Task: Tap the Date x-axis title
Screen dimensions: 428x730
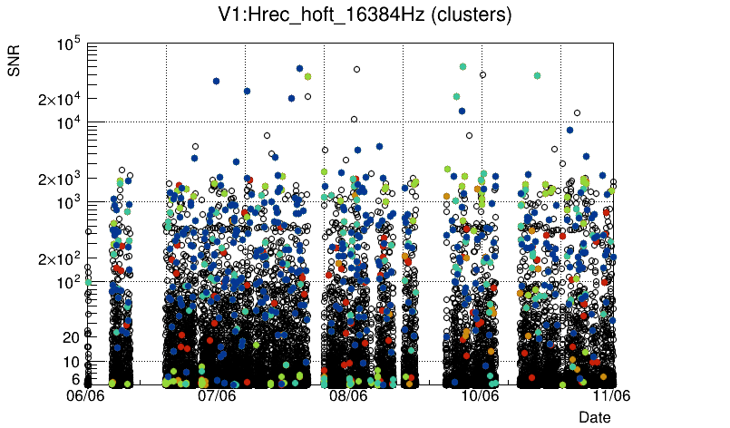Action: pos(595,417)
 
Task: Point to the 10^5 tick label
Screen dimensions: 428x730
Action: pos(70,44)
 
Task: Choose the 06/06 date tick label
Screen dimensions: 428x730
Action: pos(87,395)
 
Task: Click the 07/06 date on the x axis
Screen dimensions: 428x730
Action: pos(218,395)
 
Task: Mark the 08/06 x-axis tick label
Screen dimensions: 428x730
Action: pos(348,395)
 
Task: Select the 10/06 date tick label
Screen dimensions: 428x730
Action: pos(480,395)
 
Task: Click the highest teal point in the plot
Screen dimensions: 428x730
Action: pos(462,66)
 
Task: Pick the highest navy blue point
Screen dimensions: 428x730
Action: pos(299,68)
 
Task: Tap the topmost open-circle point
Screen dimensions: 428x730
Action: pos(356,69)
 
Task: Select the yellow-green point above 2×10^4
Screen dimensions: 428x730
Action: pos(307,77)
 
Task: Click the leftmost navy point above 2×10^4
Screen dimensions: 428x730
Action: pos(216,81)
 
